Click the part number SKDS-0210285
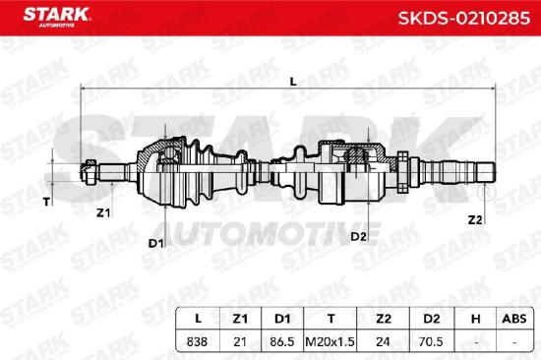click(x=464, y=18)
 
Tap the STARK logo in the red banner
click(x=56, y=17)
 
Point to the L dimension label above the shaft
click(x=293, y=82)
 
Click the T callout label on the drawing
click(x=46, y=202)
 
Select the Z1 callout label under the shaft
click(x=103, y=213)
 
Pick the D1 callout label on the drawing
click(x=155, y=243)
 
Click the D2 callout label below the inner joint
click(x=358, y=237)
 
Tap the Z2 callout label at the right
click(x=475, y=219)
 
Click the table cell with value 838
click(x=197, y=341)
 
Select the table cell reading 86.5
click(x=282, y=341)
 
